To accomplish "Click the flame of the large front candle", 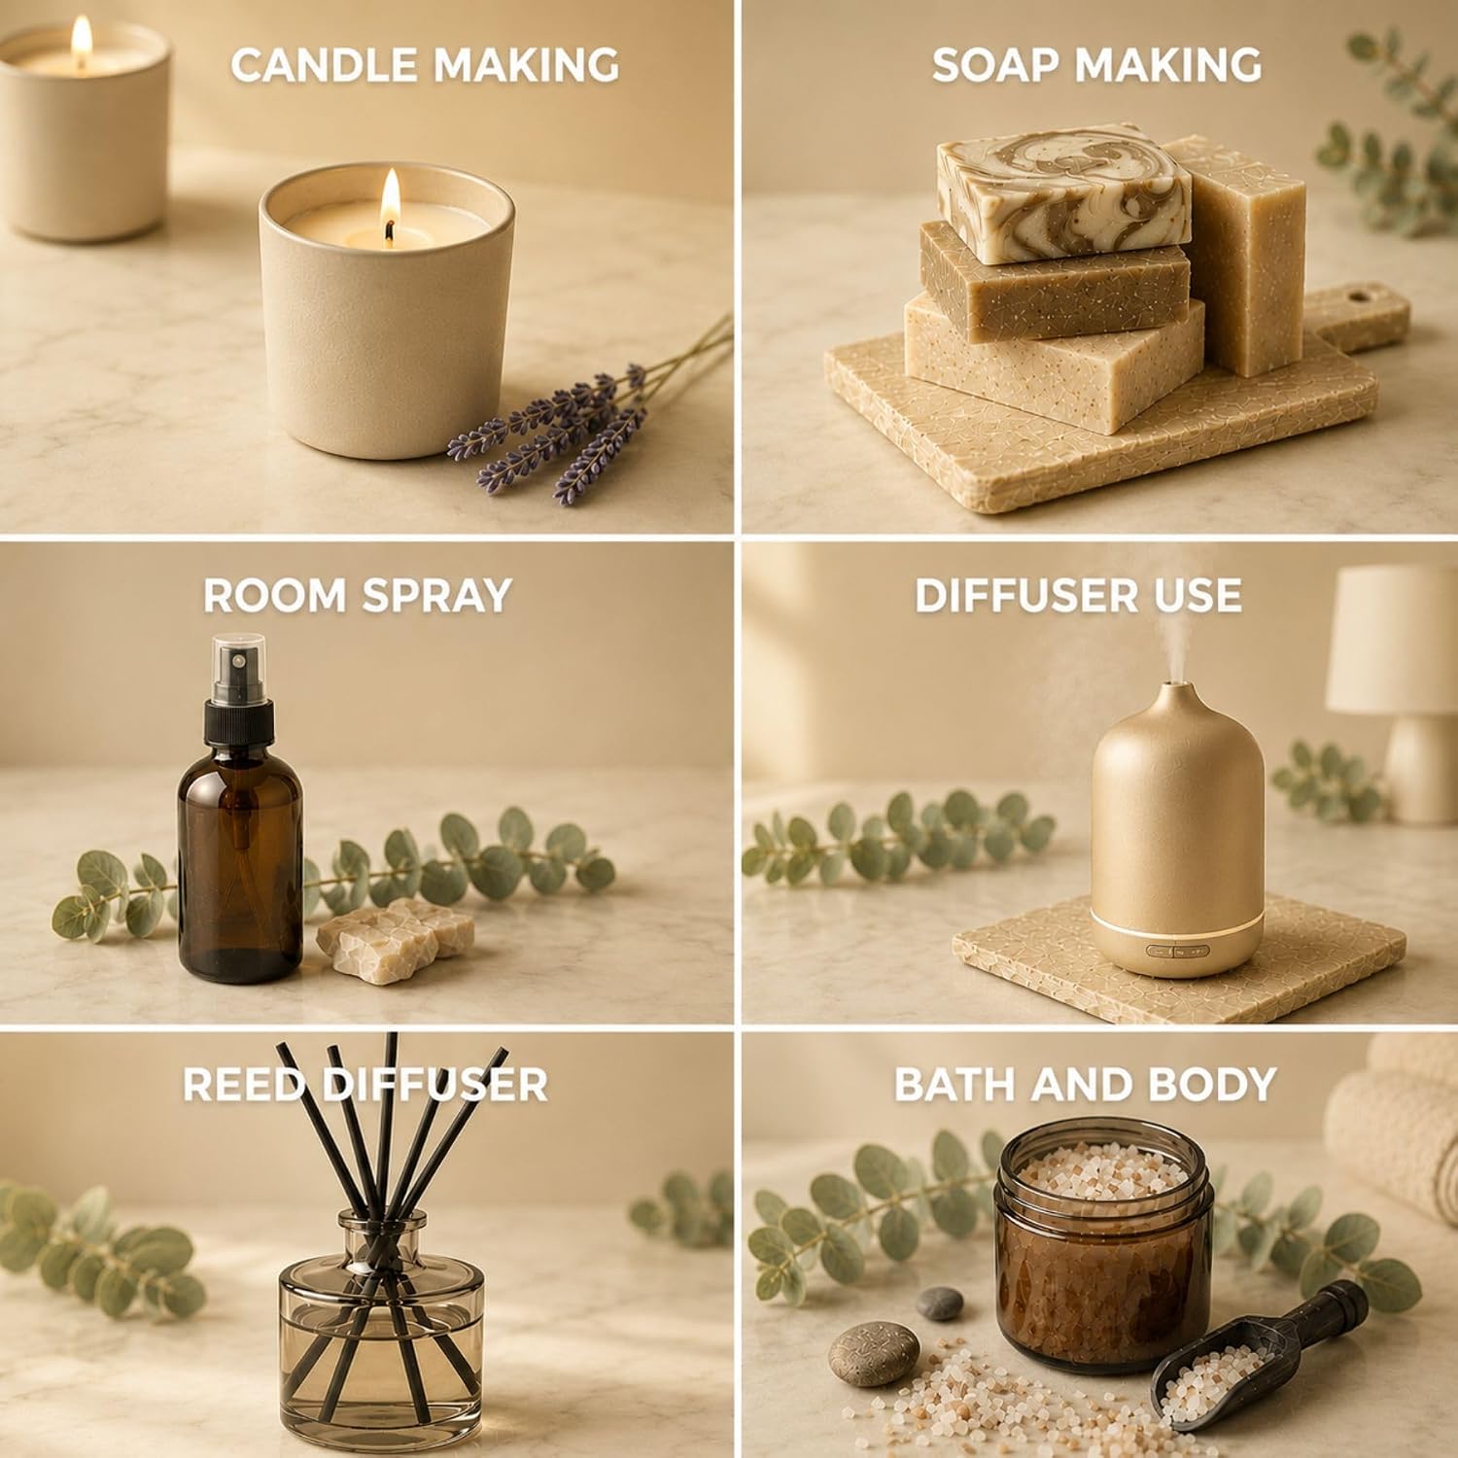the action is tap(390, 199).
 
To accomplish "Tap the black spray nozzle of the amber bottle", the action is tap(238, 695).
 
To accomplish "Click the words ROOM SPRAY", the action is tap(357, 595).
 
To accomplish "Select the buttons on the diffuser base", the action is tap(1175, 953).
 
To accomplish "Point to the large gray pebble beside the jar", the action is tap(875, 1352).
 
